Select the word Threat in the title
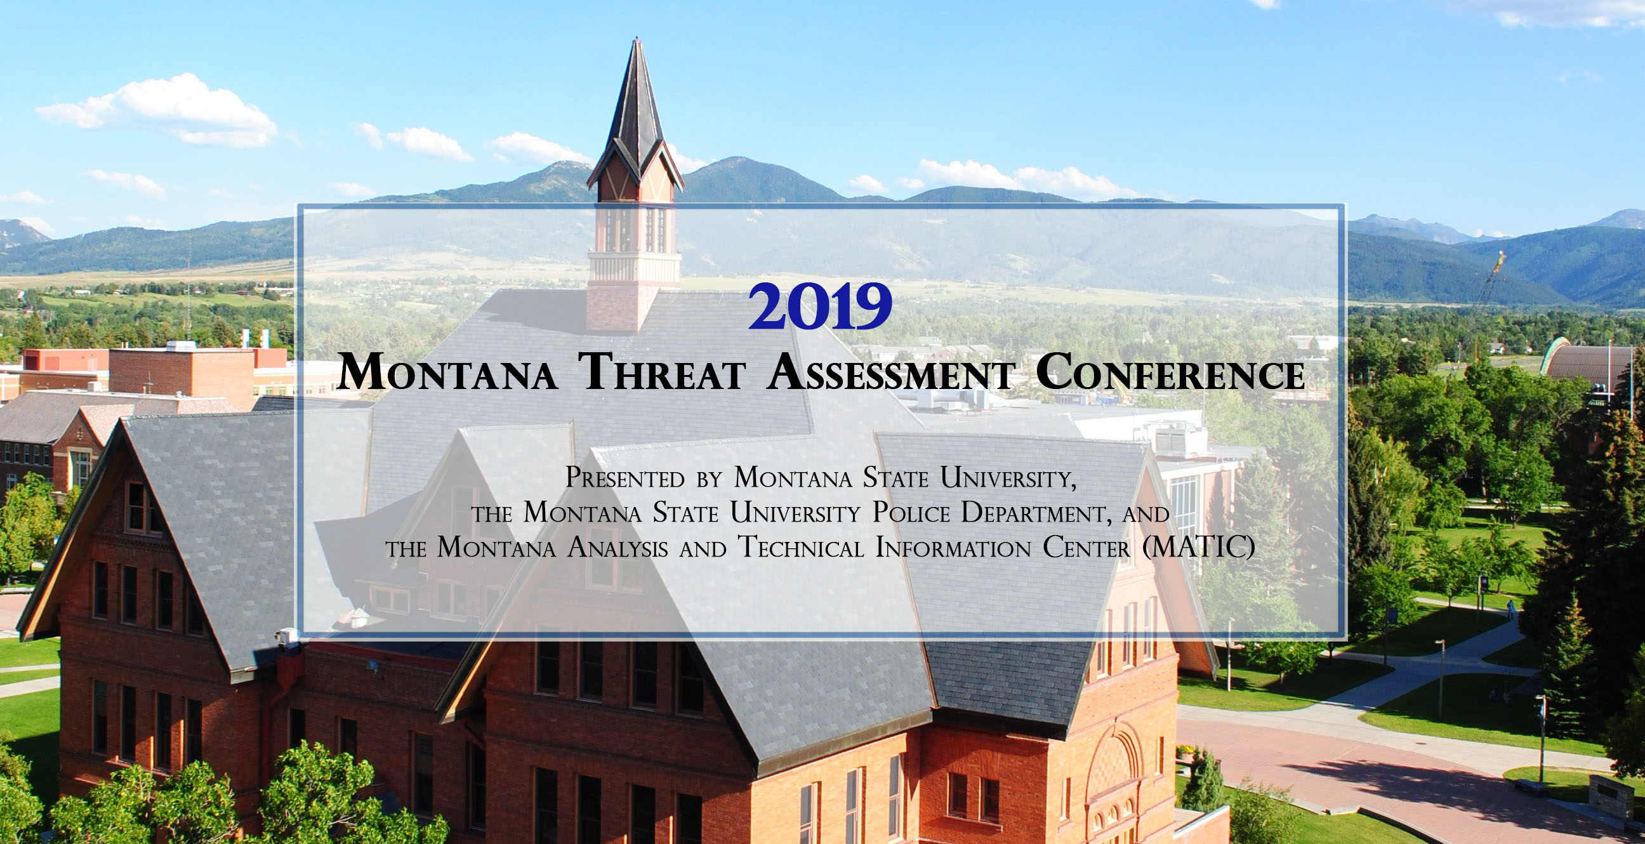[x=662, y=373]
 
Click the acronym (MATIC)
[x=1198, y=548]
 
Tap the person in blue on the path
[x=1510, y=609]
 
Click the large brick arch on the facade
[x=1114, y=766]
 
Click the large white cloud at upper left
[x=160, y=109]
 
